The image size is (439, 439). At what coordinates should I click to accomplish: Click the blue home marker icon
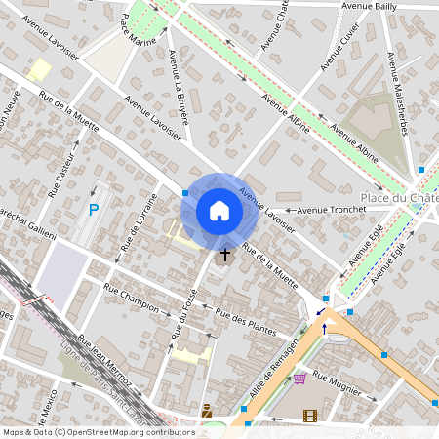click(x=219, y=211)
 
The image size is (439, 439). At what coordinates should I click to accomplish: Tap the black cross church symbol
click(x=225, y=255)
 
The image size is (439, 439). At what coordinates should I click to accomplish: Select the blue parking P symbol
click(x=94, y=210)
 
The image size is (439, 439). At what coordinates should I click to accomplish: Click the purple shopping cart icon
click(x=299, y=378)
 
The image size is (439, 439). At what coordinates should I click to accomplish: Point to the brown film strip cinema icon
click(x=310, y=417)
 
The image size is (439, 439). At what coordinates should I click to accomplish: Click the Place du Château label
click(x=398, y=198)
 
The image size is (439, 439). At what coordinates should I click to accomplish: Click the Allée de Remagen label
click(x=271, y=364)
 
